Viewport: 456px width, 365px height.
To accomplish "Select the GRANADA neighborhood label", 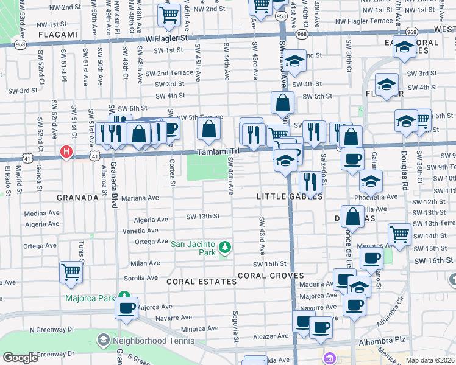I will [x=77, y=198].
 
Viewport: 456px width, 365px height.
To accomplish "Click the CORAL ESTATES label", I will [x=201, y=282].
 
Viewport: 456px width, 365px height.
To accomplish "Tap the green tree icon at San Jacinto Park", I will [x=226, y=247].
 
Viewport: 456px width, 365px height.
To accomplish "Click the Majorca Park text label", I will [x=90, y=299].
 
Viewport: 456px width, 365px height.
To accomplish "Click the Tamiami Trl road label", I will [x=217, y=152].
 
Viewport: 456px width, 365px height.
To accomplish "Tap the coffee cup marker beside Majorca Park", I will [x=127, y=308].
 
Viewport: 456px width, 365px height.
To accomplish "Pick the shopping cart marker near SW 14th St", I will [x=399, y=234].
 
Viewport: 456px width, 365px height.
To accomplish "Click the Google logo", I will [x=20, y=358].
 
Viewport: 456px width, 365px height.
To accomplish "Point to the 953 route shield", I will [x=280, y=16].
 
